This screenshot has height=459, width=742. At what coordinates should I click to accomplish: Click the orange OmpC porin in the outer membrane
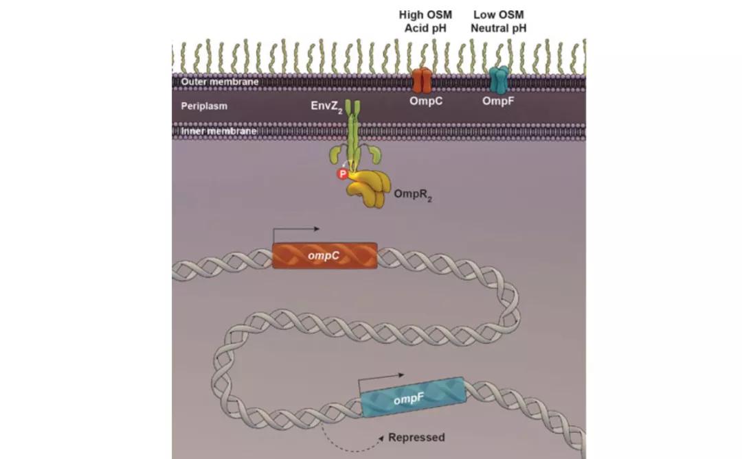(421, 80)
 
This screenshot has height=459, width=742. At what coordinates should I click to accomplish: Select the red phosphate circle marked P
(341, 174)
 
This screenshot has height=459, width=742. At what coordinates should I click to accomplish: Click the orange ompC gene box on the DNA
(324, 255)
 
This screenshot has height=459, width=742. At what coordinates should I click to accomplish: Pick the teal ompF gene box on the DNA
(412, 398)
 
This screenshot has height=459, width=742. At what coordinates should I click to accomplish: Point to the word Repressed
(416, 437)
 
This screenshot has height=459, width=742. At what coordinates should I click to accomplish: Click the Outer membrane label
(210, 82)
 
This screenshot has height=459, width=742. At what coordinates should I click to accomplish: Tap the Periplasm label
(204, 106)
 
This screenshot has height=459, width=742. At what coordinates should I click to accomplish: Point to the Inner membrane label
(209, 131)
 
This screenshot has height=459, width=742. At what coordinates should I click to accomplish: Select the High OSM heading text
(425, 14)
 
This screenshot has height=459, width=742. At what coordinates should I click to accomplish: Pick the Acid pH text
(425, 28)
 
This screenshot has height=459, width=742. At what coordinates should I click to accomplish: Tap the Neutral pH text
(498, 28)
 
